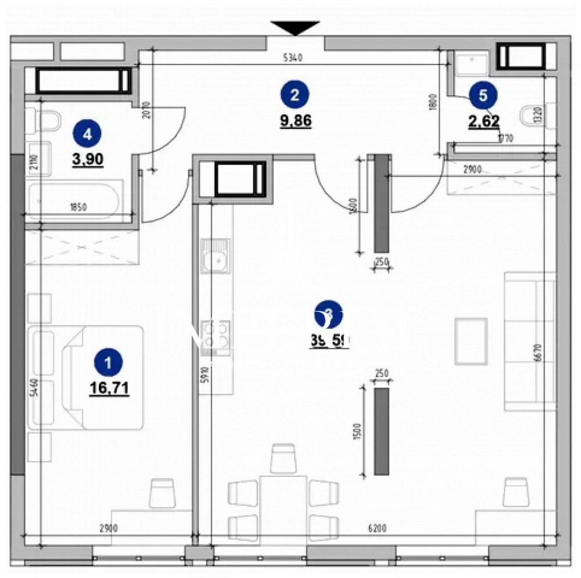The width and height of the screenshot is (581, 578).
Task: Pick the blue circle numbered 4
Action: (87, 134)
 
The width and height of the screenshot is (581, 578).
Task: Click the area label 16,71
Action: (109, 387)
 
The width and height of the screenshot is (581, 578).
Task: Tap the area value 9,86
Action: (295, 121)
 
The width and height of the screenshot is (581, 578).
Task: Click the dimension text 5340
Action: (294, 57)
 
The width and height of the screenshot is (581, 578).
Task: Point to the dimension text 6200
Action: (377, 529)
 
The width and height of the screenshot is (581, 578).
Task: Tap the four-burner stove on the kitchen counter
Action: (215, 338)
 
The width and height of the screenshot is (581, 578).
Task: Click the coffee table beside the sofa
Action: (471, 340)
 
